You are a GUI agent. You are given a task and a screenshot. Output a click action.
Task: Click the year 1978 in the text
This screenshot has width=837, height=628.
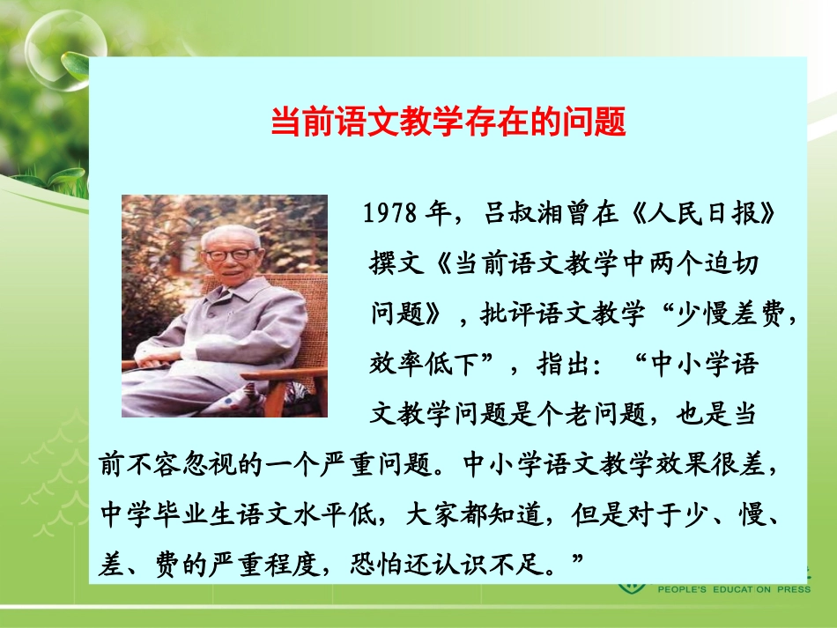click(389, 214)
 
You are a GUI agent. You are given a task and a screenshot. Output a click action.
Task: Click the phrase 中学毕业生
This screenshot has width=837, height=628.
click(153, 513)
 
